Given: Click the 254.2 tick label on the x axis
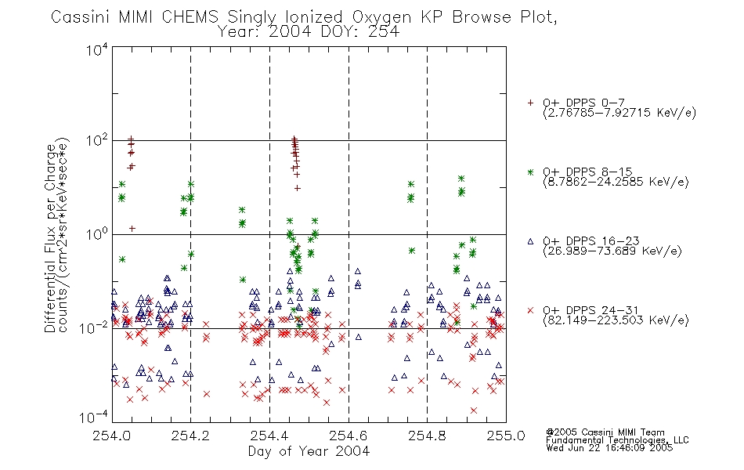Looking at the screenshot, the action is click(190, 436).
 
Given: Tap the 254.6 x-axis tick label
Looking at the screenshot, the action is click(349, 436).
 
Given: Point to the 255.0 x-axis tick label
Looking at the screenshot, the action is click(506, 436).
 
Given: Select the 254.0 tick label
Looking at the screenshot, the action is click(111, 436).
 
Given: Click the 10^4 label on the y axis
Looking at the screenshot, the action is click(97, 49).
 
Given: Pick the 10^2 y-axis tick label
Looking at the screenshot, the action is click(97, 140).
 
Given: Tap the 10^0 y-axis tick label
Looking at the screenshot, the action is click(97, 234).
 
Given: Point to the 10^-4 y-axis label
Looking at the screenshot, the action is click(94, 418).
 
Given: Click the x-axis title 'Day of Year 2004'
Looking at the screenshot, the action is click(309, 451).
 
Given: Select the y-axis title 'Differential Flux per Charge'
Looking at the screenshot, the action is click(50, 238).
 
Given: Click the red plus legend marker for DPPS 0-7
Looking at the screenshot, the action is click(530, 103).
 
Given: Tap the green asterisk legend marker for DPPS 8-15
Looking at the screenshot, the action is click(530, 172).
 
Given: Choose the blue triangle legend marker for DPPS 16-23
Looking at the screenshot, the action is click(530, 241).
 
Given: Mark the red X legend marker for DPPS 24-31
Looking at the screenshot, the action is click(530, 310).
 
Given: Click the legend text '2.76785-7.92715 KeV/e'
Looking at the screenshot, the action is click(619, 113).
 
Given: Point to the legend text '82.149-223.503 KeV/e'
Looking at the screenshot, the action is click(616, 320).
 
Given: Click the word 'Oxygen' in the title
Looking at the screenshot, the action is click(381, 17).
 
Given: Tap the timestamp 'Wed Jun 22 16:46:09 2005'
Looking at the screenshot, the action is click(609, 448).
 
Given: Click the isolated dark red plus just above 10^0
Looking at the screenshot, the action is click(132, 229).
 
